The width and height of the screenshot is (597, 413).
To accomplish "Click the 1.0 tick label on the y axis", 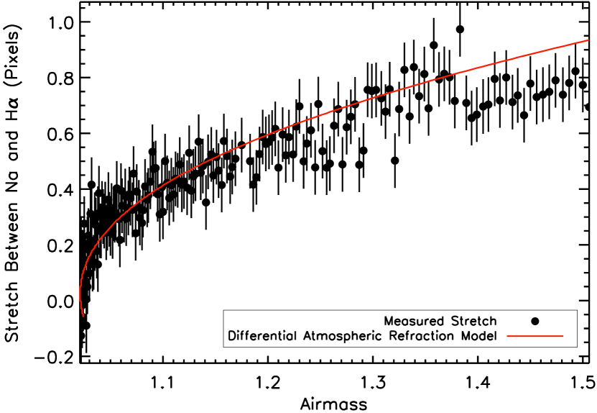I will tap(59, 22).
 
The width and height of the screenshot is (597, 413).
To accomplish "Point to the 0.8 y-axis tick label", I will tap(59, 78).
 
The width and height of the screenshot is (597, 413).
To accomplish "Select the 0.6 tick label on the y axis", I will tap(59, 134).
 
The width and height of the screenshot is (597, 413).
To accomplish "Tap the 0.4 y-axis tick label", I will tap(59, 190).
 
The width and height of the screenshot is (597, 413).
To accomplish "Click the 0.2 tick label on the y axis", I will tap(59, 246).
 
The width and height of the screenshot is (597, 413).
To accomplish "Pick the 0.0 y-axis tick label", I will tap(59, 302).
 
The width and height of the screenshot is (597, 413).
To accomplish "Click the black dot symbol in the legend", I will tap(535, 320).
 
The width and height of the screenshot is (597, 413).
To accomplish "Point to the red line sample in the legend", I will tap(535, 336).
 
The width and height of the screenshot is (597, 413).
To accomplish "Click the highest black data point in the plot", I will tap(460, 29).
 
